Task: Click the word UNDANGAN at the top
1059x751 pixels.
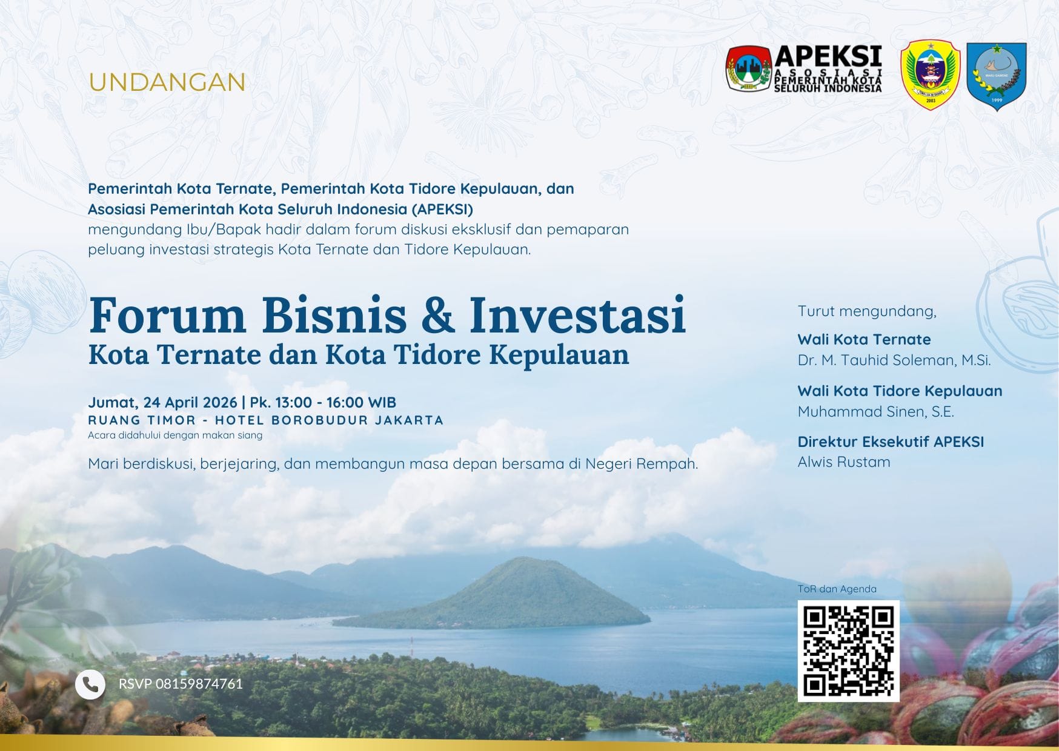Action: [167, 82]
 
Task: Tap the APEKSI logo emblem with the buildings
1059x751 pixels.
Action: [749, 68]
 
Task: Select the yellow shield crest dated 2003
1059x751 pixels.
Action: [931, 75]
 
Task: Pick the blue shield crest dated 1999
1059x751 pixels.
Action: [997, 76]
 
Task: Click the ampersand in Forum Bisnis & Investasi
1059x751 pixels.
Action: [437, 315]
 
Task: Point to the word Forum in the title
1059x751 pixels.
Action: [167, 315]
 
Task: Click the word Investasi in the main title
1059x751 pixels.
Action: [577, 315]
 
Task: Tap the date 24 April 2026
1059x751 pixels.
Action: [190, 402]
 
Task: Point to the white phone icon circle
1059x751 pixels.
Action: [90, 684]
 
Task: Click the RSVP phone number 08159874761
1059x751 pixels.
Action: [199, 684]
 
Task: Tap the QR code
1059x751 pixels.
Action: [848, 651]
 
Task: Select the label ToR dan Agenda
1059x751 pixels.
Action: [837, 589]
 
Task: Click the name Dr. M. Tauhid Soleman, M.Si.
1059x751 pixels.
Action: [894, 360]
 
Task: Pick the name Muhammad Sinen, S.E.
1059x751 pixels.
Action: [876, 412]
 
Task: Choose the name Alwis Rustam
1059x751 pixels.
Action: [844, 462]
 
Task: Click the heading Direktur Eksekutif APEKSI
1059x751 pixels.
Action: [891, 442]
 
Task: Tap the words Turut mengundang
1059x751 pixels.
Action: [867, 311]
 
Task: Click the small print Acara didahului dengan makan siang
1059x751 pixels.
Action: [175, 435]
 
